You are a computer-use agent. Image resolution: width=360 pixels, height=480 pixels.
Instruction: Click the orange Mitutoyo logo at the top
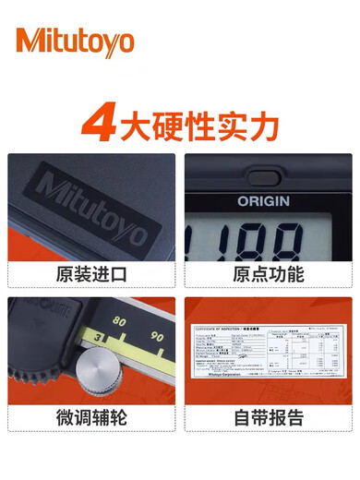[x=75, y=42]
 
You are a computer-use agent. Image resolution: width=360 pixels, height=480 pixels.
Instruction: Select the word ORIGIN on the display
[x=263, y=199]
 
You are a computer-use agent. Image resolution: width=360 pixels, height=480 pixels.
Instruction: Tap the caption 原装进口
[x=90, y=276]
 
